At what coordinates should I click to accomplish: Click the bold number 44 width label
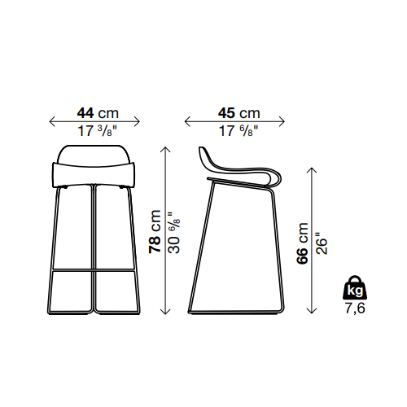click(85, 113)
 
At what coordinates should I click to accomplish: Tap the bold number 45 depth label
click(226, 113)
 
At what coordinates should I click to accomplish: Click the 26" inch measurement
click(322, 243)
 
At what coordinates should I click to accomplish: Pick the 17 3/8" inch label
click(97, 131)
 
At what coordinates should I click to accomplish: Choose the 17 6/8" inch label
click(239, 131)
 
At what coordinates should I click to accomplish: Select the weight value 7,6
click(355, 308)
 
